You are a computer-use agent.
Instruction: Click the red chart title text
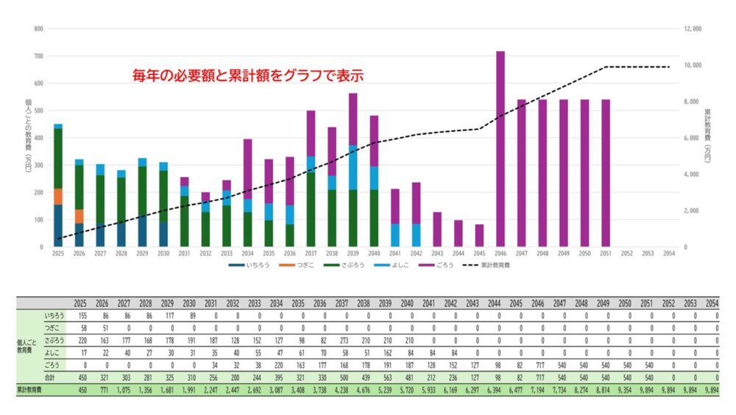coord(248,75)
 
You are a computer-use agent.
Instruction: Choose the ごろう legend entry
coord(447,265)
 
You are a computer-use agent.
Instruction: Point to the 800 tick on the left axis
coord(38,29)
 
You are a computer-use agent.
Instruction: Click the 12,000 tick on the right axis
coord(693,29)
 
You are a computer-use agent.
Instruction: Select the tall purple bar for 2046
coord(500,147)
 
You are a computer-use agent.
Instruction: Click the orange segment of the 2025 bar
coord(58,196)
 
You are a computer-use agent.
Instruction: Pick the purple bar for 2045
coord(479,235)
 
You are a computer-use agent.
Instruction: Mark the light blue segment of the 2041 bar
coord(395,235)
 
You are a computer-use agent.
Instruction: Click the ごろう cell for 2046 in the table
coord(542,364)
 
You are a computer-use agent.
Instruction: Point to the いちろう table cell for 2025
coord(82,315)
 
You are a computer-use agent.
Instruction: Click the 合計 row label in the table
coord(52,377)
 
